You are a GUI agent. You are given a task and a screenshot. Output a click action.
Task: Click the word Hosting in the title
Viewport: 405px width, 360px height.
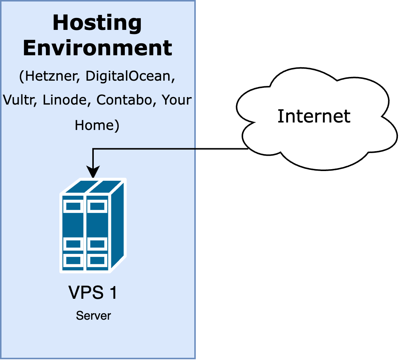[98, 23]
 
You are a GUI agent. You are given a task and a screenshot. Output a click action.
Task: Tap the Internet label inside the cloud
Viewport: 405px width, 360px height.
[314, 116]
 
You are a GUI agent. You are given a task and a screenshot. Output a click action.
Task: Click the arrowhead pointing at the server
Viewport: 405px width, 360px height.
[93, 173]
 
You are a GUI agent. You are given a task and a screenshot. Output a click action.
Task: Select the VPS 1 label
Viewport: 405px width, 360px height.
[93, 293]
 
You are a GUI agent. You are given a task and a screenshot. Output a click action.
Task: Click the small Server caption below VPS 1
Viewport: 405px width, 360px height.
[93, 316]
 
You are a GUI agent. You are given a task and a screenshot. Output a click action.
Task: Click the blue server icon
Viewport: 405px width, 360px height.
[93, 226]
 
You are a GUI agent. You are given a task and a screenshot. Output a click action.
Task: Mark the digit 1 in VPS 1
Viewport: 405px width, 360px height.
[112, 293]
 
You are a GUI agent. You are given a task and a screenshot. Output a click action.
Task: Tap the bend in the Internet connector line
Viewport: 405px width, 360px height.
[93, 149]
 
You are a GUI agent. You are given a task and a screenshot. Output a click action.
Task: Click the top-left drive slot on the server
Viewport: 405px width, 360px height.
[73, 206]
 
